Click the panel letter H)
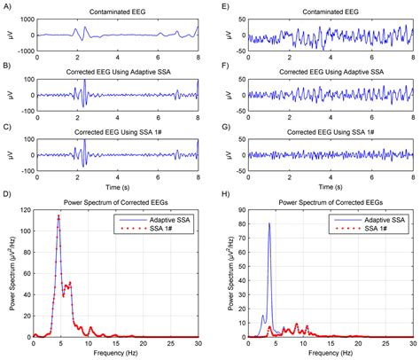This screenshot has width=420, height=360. (x=218, y=199)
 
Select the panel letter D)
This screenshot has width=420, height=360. (x=6, y=199)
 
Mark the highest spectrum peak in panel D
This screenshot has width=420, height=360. (x=58, y=216)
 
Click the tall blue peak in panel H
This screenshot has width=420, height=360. (x=269, y=223)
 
